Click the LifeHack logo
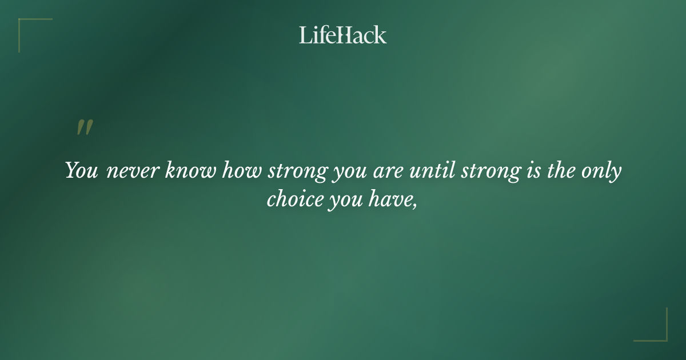tap(343, 35)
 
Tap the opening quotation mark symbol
tap(84, 127)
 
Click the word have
tap(390, 201)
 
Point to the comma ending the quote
tap(414, 206)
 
